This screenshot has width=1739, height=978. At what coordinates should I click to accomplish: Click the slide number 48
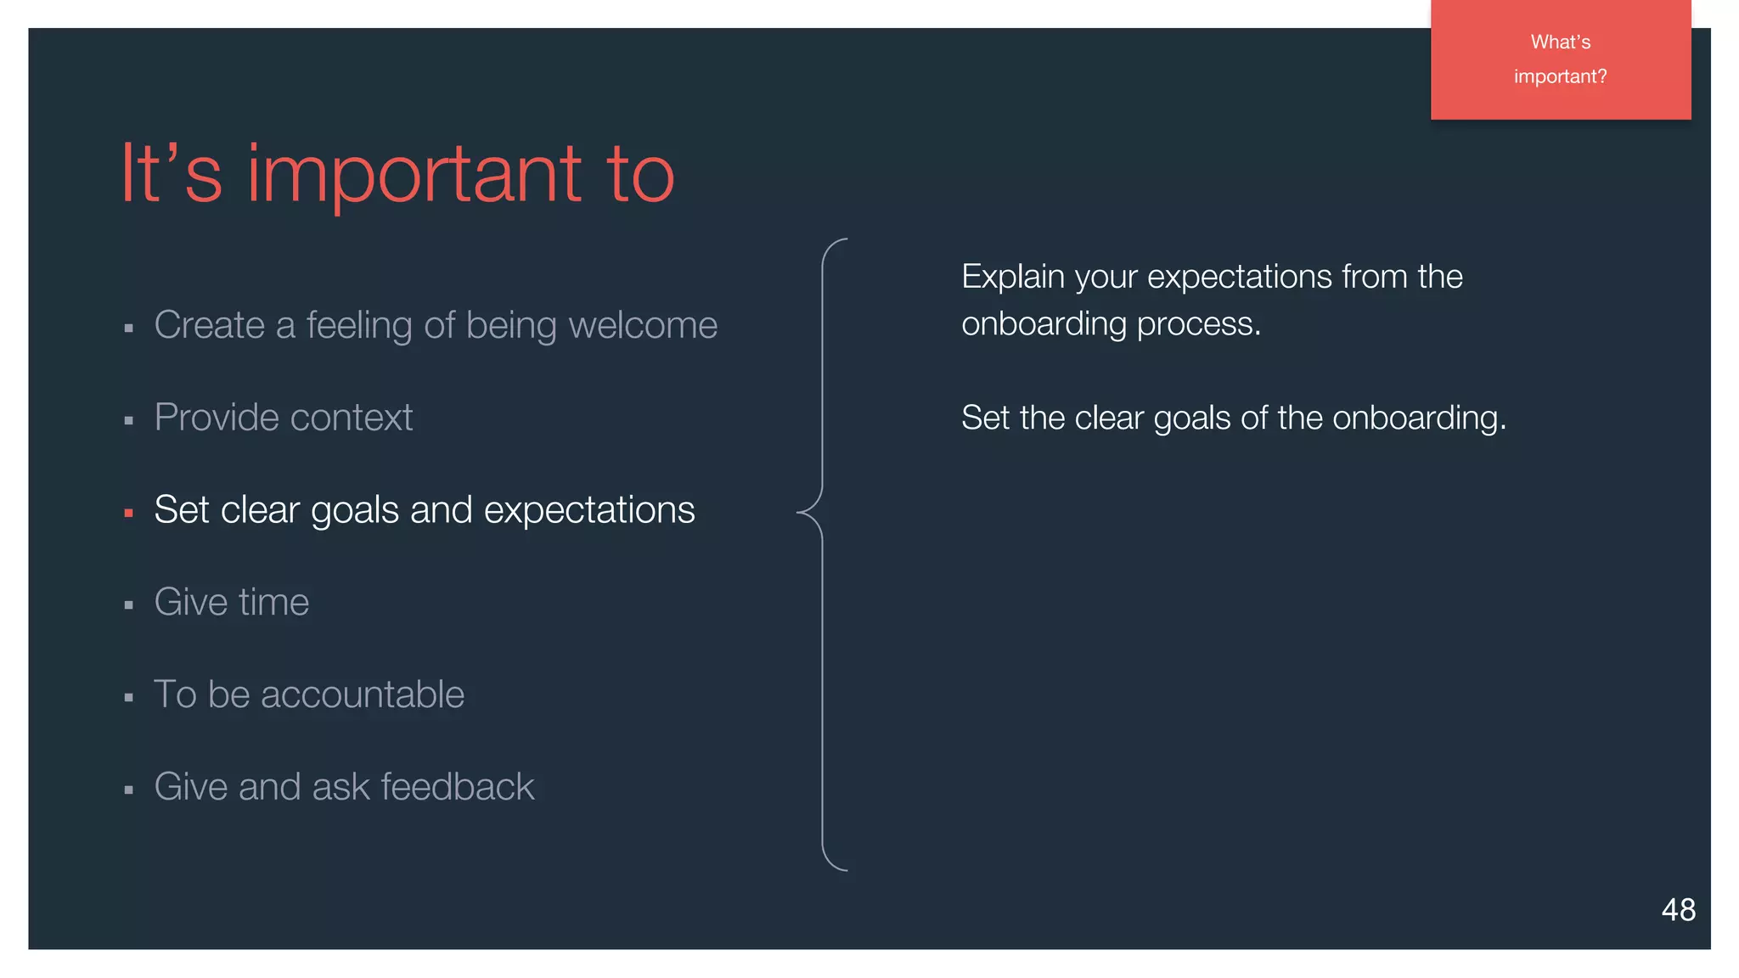[x=1678, y=909]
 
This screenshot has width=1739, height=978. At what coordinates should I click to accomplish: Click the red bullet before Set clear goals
[x=129, y=513]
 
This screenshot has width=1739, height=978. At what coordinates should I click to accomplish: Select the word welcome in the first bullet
[x=643, y=325]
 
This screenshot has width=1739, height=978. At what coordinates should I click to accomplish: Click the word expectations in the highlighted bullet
[x=589, y=510]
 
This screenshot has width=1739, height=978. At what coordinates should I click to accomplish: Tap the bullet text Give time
[x=231, y=602]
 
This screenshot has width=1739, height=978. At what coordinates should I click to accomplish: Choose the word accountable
[x=363, y=694]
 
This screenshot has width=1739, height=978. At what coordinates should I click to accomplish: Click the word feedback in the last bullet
[x=458, y=786]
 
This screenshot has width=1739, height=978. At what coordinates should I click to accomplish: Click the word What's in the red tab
[x=1560, y=42]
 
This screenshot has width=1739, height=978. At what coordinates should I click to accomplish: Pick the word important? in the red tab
[x=1560, y=76]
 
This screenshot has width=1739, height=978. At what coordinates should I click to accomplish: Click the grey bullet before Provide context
[x=129, y=420]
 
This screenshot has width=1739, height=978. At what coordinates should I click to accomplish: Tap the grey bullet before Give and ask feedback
[x=129, y=790]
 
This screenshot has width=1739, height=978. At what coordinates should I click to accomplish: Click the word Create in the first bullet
[x=209, y=325]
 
